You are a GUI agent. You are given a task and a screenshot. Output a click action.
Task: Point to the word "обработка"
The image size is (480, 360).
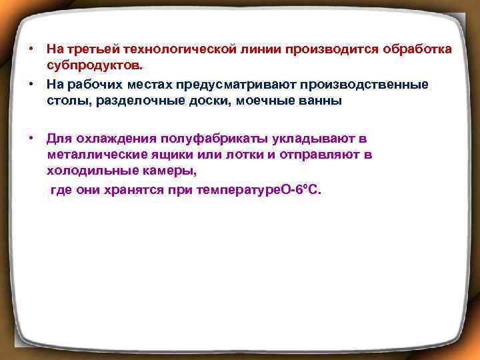[x=415, y=50]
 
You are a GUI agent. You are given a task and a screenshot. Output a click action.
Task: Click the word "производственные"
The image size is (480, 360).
[x=365, y=85]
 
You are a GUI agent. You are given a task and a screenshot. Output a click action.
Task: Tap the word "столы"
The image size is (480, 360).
[x=65, y=102]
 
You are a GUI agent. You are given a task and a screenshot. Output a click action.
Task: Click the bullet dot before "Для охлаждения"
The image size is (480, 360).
[x=31, y=138]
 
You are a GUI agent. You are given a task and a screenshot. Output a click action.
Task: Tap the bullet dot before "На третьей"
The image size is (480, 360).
[x=31, y=50]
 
